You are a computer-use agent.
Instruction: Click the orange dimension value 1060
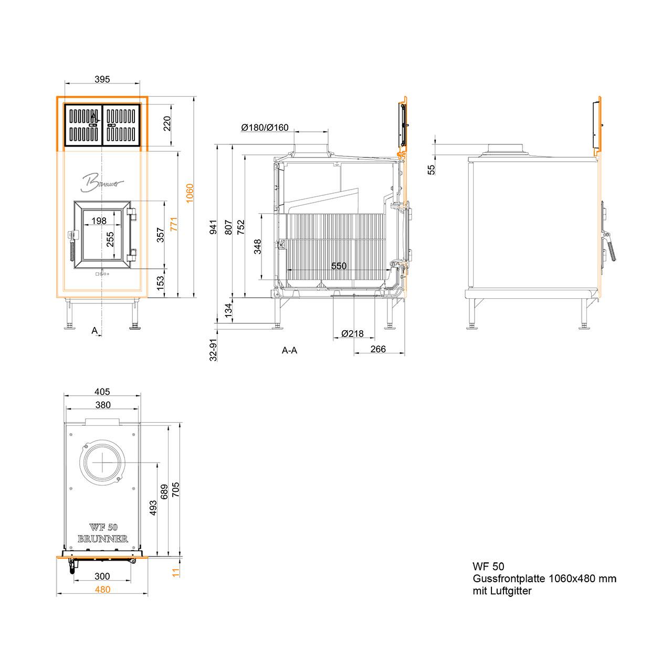pos(190,193)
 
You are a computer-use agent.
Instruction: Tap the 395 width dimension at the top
pos(102,79)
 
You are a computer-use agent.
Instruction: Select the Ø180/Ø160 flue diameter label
pos(265,128)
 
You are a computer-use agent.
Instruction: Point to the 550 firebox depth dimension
pos(339,266)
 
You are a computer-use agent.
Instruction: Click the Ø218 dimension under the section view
pos(352,334)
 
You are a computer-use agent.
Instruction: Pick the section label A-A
pos(289,350)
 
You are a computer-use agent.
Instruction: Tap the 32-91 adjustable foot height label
pos(213,350)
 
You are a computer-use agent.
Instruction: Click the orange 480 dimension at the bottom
pos(102,590)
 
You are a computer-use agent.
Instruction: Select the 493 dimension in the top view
pos(153,508)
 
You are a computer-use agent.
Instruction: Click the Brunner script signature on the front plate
pos(102,182)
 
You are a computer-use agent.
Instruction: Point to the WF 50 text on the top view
pos(103,527)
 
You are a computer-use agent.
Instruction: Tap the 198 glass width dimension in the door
pos(99,220)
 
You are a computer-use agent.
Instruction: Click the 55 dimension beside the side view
pos(432,170)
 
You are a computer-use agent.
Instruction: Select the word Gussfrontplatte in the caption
pos(509,579)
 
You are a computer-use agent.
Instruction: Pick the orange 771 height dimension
pos(174,224)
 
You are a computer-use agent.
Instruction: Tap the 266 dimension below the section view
pos(378,349)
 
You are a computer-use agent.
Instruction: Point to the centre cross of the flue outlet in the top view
pos(102,463)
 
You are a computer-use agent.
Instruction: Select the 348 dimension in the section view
pos(257,247)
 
